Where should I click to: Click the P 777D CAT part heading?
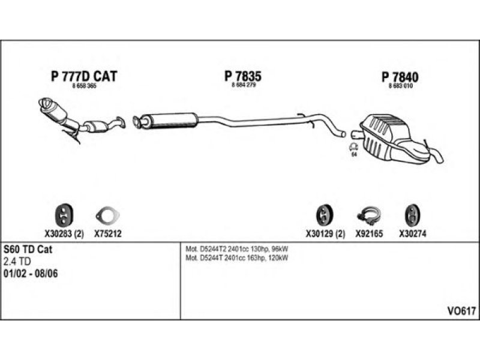coord(84,76)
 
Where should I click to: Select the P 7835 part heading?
coord(243,76)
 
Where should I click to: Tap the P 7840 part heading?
coord(400,77)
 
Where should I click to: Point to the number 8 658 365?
coord(84,86)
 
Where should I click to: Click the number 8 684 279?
coord(244,85)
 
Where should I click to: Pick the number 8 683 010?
coord(400,86)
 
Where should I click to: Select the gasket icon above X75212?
coord(107,215)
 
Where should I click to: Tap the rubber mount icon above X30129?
coord(324,215)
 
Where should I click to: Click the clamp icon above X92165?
coord(369,215)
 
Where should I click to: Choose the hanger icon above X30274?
coord(412,215)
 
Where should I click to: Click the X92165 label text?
coord(369,234)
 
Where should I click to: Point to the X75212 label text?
coord(108,234)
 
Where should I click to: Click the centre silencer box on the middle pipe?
coord(172,120)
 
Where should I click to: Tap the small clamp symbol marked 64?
coord(354,148)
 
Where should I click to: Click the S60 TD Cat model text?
coord(28,250)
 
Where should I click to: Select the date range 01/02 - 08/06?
coord(31,274)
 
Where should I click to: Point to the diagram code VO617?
coord(461,311)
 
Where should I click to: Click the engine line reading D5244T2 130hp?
coord(236,249)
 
